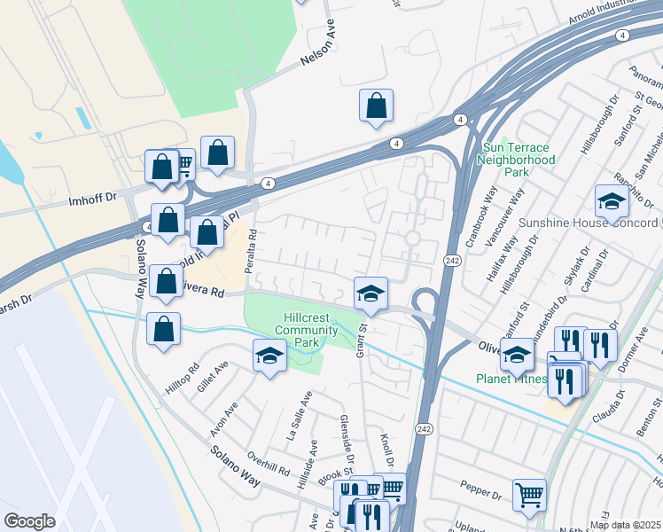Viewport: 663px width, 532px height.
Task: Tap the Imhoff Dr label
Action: [x=93, y=201]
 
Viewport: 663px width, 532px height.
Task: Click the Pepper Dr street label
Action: [x=481, y=486]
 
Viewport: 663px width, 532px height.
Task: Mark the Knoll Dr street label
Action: [x=386, y=453]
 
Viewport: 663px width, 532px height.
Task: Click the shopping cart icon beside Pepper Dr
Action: [x=529, y=495]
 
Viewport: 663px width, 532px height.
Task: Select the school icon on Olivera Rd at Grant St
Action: [x=370, y=293]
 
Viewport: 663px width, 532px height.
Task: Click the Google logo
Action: [x=30, y=521]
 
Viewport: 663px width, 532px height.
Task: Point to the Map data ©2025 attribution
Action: [x=625, y=525]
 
